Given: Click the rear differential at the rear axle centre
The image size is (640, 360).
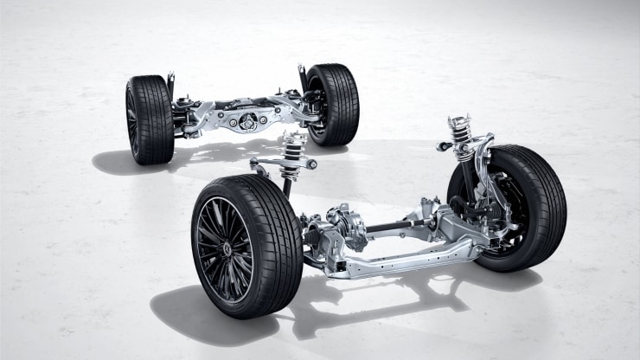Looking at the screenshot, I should tap(249, 120).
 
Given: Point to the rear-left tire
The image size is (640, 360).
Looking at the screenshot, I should tap(149, 119).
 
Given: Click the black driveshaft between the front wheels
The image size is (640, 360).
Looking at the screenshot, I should tap(398, 228).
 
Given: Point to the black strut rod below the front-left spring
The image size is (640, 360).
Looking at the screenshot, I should tap(286, 186).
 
